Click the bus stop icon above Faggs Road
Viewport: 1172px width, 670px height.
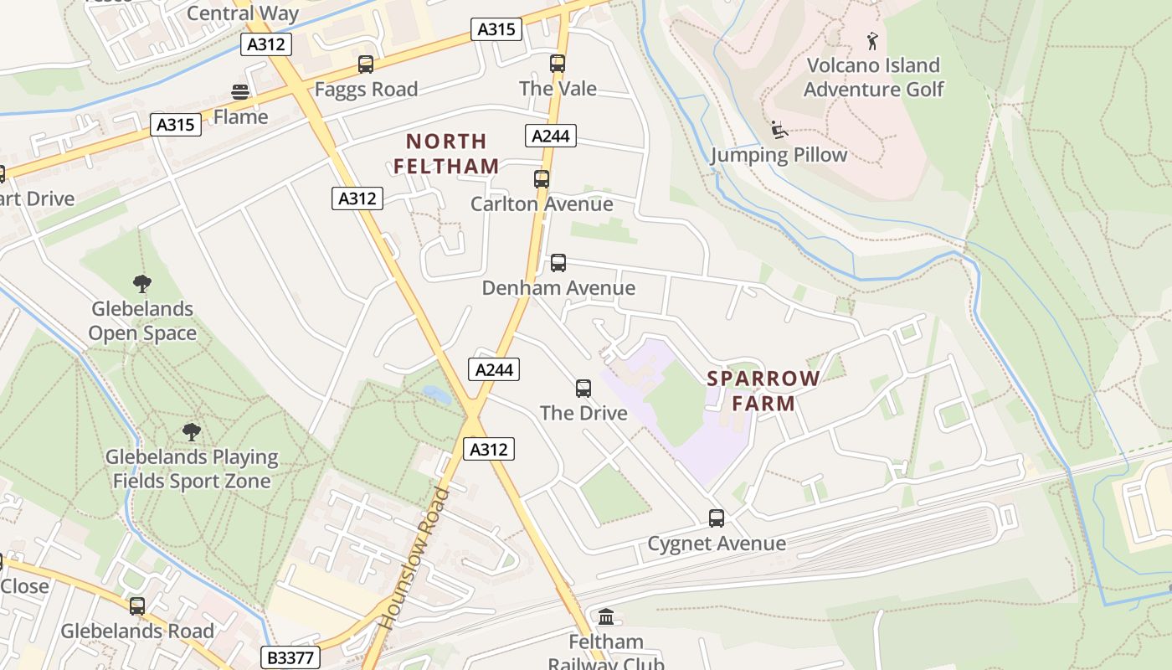click(x=366, y=64)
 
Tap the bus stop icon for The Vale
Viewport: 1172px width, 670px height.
click(x=558, y=64)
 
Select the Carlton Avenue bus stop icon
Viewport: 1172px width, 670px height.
click(x=542, y=179)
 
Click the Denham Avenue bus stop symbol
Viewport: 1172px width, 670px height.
click(x=558, y=263)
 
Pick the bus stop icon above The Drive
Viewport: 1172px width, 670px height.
click(x=583, y=389)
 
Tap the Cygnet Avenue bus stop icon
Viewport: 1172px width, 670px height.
click(x=716, y=518)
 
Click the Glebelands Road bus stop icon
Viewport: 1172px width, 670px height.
click(x=137, y=606)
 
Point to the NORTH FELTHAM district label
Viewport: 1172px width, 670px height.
click(x=446, y=153)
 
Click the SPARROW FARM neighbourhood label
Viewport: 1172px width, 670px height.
click(x=763, y=390)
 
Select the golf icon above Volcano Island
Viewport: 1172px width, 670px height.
click(x=872, y=40)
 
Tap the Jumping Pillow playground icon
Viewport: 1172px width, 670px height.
click(x=779, y=130)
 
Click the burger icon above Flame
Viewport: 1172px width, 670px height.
click(x=240, y=92)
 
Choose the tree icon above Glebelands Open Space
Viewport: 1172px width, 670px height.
click(x=142, y=284)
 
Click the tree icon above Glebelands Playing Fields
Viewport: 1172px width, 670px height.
click(x=192, y=432)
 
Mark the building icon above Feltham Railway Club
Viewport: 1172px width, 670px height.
click(x=606, y=617)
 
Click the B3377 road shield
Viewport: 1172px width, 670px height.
click(x=290, y=657)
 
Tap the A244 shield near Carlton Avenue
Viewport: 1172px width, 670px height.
click(x=551, y=136)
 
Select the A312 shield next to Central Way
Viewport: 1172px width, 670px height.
click(x=266, y=44)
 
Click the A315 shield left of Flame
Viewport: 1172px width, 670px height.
click(x=176, y=125)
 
